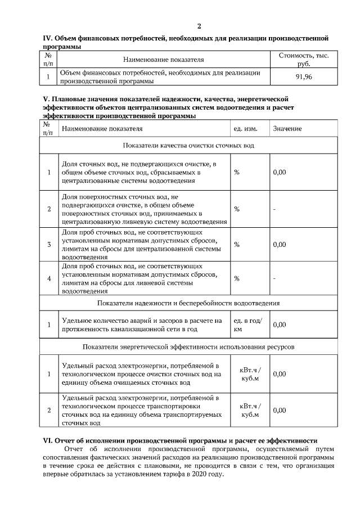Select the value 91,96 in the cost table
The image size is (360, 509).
(304, 77)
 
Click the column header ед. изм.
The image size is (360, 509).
(245, 129)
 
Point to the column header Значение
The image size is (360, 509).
(287, 129)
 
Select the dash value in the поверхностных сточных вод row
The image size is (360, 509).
(274, 209)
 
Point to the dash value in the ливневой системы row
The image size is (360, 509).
(274, 278)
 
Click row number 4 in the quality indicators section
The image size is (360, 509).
(49, 278)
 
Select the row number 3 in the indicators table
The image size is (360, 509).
(49, 244)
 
